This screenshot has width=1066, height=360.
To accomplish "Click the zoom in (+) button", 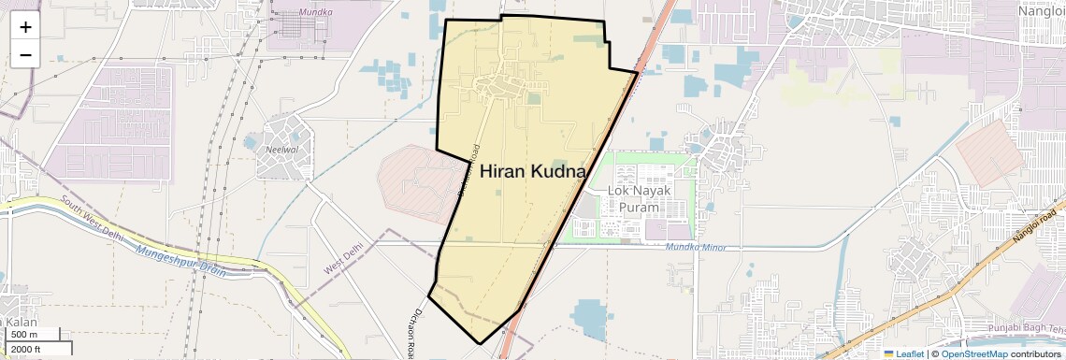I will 25,27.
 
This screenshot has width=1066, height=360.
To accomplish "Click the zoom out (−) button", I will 25,55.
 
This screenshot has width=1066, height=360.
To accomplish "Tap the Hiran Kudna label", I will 532,172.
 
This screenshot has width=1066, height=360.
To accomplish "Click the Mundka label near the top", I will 316,12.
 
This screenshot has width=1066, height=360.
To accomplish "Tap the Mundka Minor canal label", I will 697,247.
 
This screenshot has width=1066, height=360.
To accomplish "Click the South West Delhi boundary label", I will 92,214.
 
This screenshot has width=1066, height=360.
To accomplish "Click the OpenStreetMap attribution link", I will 973,353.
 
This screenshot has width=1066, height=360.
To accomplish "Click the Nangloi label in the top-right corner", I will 1040,10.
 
